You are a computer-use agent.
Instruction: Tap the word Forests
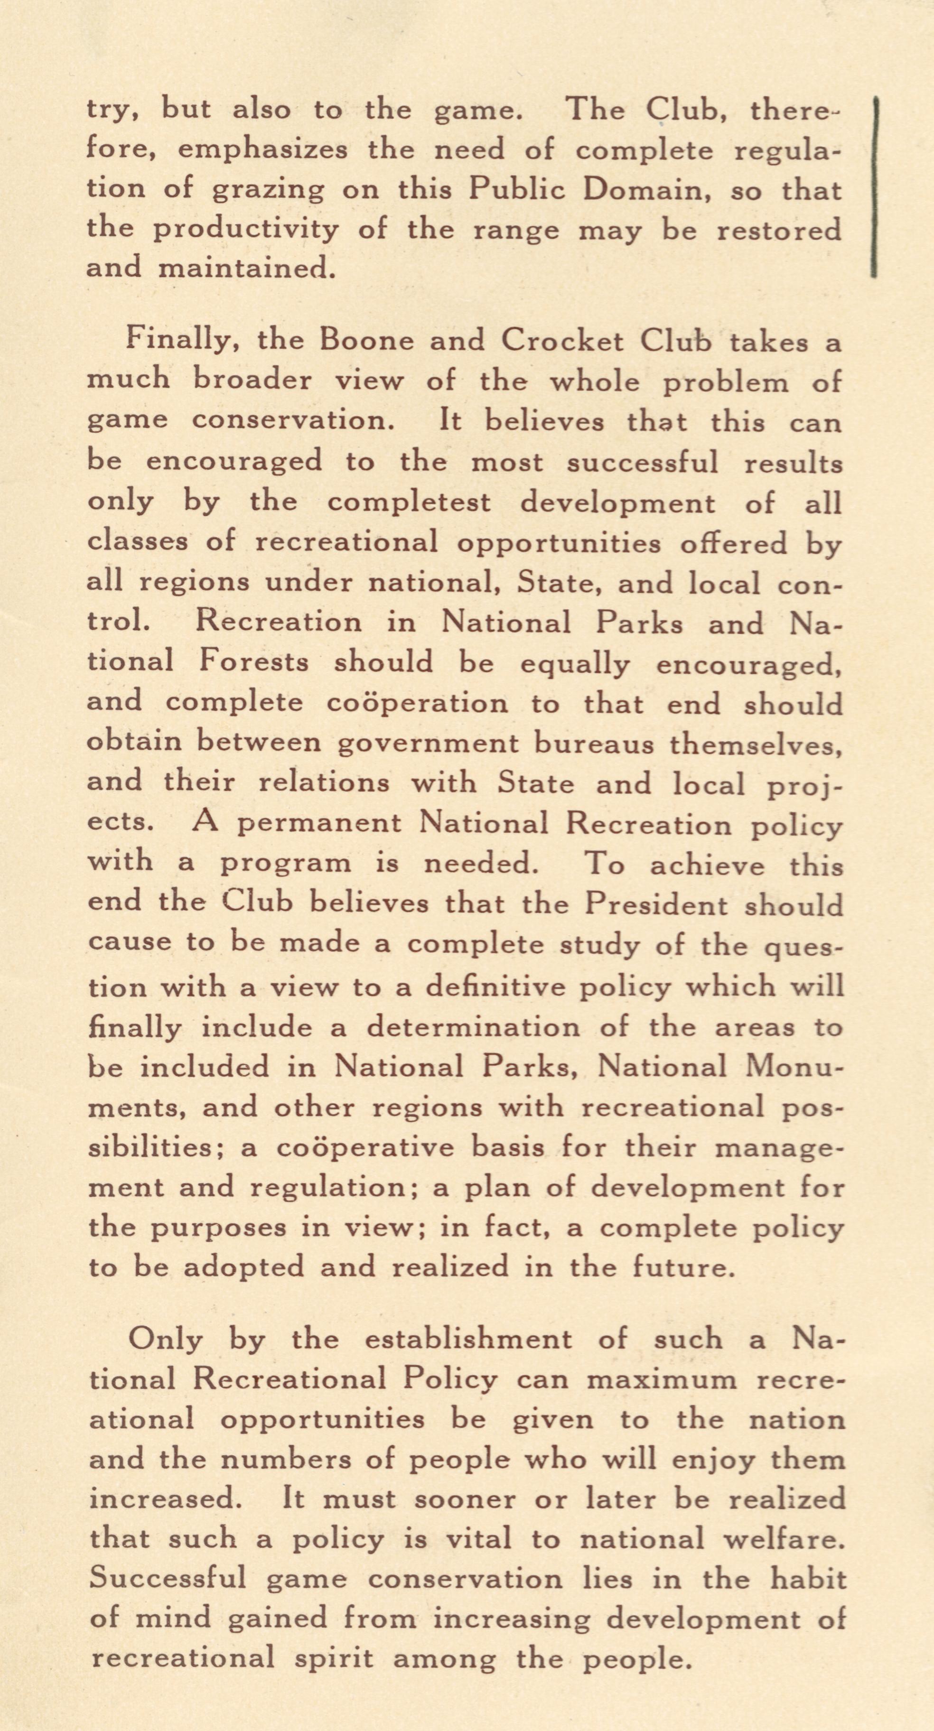[253, 662]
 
